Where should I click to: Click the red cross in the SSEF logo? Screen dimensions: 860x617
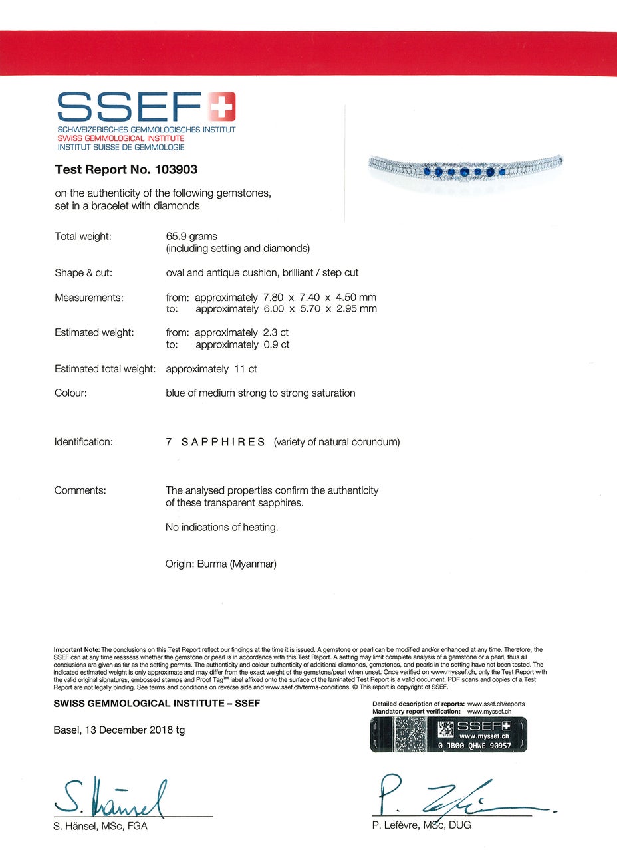pyautogui.click(x=222, y=107)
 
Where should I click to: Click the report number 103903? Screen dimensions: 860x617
pyautogui.click(x=176, y=169)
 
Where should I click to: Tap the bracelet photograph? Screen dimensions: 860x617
pyautogui.click(x=465, y=171)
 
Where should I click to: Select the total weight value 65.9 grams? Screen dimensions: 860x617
pyautogui.click(x=191, y=236)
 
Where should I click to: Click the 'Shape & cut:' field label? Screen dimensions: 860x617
pyautogui.click(x=83, y=273)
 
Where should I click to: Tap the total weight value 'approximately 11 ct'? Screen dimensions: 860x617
pyautogui.click(x=211, y=369)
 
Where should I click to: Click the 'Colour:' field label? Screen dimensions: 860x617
pyautogui.click(x=70, y=393)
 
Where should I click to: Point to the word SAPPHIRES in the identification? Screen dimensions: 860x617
pyautogui.click(x=223, y=442)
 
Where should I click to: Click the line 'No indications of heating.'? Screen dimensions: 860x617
pyautogui.click(x=221, y=528)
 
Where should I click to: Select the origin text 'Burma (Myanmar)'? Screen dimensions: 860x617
pyautogui.click(x=237, y=564)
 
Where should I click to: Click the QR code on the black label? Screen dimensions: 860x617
pyautogui.click(x=445, y=730)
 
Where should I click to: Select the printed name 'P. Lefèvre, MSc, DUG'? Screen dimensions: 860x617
pyautogui.click(x=422, y=825)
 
